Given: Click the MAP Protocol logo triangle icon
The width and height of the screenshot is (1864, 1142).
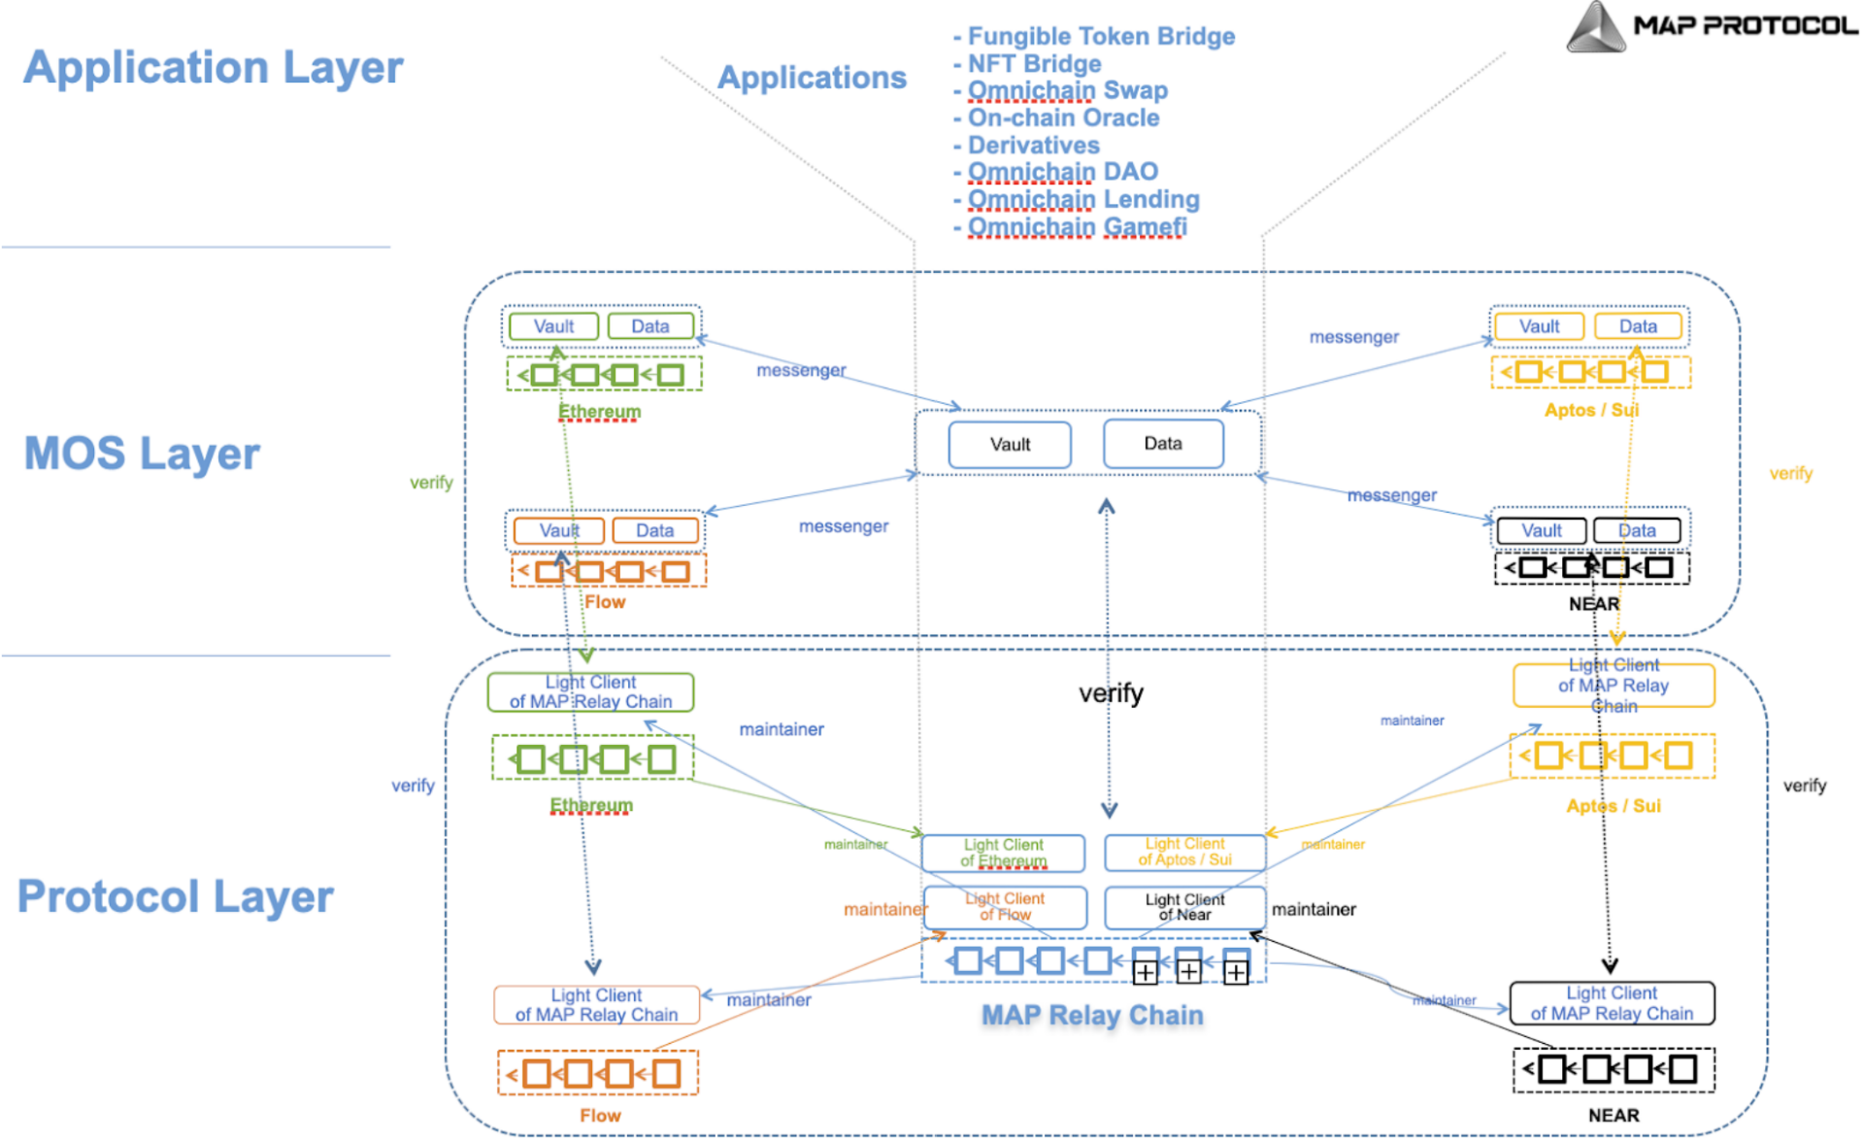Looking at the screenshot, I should (x=1595, y=27).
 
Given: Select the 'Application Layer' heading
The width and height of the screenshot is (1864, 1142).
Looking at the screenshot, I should (x=213, y=68).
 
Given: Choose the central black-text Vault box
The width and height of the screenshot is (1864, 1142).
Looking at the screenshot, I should (x=1010, y=445).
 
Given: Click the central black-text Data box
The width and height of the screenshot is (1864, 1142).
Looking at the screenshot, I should (x=1163, y=444).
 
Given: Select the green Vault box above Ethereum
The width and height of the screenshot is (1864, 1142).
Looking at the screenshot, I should (x=553, y=326).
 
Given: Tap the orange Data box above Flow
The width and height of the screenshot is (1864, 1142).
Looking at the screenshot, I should (x=655, y=530).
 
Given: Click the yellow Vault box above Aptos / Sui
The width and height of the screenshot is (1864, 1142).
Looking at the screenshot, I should (x=1540, y=326).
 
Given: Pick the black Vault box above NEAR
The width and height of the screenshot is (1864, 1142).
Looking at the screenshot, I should (x=1542, y=530).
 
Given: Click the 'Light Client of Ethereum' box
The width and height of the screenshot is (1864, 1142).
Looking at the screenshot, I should (x=1003, y=853).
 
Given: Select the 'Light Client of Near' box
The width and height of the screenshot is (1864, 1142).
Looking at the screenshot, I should (x=1184, y=907).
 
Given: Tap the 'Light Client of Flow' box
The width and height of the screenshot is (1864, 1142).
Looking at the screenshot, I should (x=1005, y=907).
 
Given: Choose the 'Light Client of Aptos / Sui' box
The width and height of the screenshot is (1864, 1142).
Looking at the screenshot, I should (x=1184, y=853).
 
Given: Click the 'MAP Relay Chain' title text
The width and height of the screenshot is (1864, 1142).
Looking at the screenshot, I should (x=1092, y=1016).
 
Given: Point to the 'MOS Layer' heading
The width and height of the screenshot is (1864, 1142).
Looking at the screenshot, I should (x=142, y=453).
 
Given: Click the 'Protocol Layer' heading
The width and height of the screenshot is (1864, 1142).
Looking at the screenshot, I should (x=176, y=896).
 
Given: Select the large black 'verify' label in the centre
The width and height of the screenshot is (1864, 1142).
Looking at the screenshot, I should (x=1112, y=693).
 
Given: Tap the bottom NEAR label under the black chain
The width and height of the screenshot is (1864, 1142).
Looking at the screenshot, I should (x=1614, y=1116).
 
